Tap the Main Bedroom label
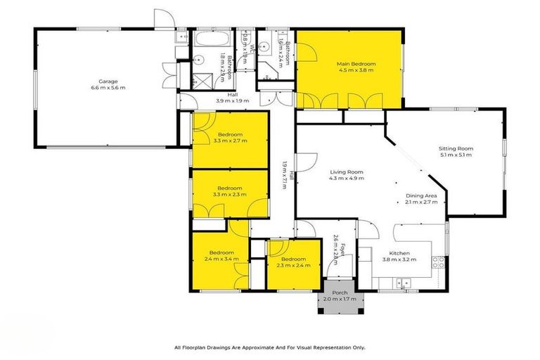click(x=356, y=63)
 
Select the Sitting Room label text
click(x=456, y=148)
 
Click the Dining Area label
click(x=421, y=195)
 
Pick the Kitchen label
click(x=399, y=253)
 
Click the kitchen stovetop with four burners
click(x=437, y=262)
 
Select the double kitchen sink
click(x=403, y=283)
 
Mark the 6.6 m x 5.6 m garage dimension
click(x=103, y=88)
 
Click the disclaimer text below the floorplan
click(x=269, y=347)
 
